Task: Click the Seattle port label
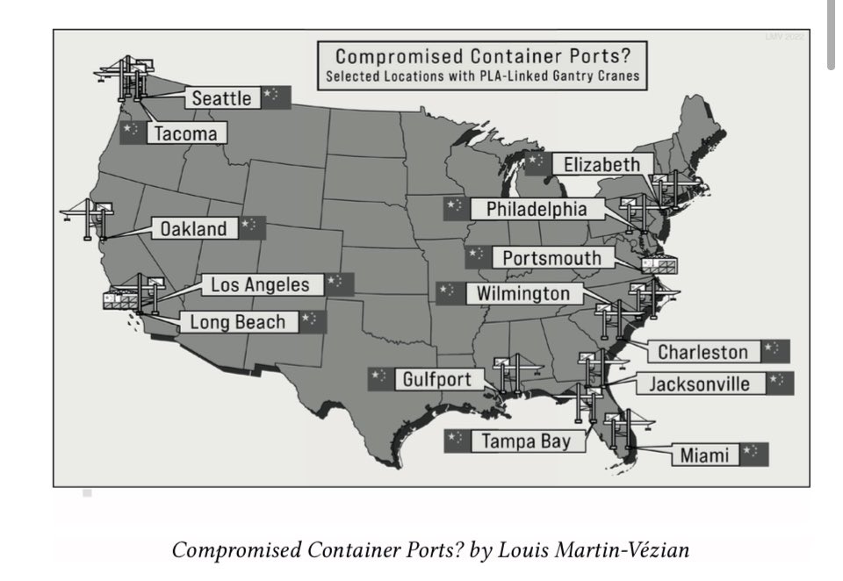tap(222, 98)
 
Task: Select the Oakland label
tap(193, 229)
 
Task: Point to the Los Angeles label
tap(260, 284)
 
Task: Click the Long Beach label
tap(238, 322)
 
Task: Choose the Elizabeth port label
tap(608, 164)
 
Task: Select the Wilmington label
tap(523, 292)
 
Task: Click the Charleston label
tap(703, 352)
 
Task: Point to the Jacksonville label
tap(699, 384)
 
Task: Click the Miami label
tap(706, 455)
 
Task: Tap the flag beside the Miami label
tap(754, 454)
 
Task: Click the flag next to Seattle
tap(276, 97)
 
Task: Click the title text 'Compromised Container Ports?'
tap(484, 59)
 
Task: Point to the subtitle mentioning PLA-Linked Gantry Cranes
tap(483, 76)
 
